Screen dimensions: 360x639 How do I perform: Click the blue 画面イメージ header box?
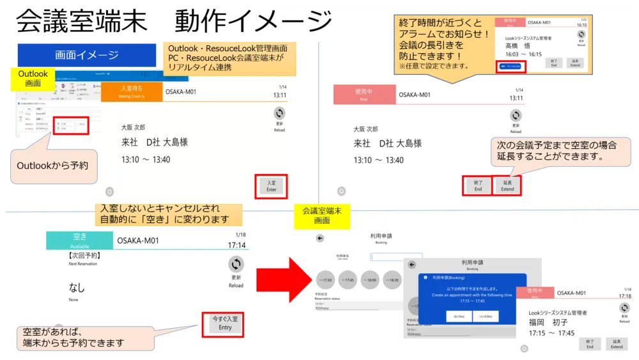pyautogui.click(x=87, y=55)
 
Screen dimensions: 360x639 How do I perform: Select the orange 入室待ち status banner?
pyautogui.click(x=132, y=91)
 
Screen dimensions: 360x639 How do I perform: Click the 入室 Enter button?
pyautogui.click(x=271, y=186)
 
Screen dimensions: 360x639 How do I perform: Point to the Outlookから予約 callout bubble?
pyautogui.click(x=52, y=166)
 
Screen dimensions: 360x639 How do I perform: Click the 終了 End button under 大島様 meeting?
pyautogui.click(x=477, y=186)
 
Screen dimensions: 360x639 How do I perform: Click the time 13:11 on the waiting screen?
pyautogui.click(x=279, y=97)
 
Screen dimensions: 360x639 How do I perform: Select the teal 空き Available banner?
pyautogui.click(x=80, y=240)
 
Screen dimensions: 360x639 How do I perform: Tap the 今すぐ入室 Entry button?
pyautogui.click(x=225, y=323)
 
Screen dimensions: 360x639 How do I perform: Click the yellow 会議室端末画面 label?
pyautogui.click(x=322, y=215)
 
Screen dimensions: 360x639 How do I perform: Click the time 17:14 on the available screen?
pyautogui.click(x=236, y=245)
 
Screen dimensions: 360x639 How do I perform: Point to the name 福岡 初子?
pyautogui.click(x=548, y=322)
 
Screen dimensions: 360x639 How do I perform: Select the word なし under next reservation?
pyautogui.click(x=77, y=288)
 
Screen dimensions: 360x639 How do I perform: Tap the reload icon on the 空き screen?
pyautogui.click(x=236, y=265)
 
